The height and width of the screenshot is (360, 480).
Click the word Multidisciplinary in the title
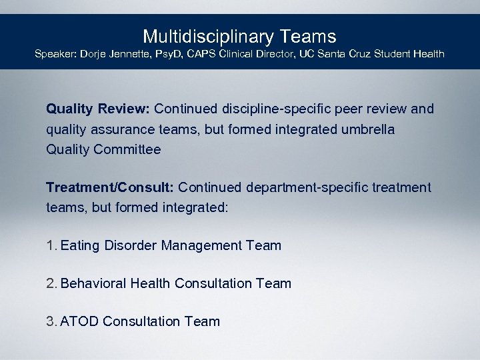tap(198, 36)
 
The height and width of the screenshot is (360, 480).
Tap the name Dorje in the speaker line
tap(95, 53)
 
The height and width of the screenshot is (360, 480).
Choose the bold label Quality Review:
tap(99, 109)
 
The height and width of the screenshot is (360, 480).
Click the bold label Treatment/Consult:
tap(110, 188)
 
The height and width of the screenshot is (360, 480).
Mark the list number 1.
tap(51, 245)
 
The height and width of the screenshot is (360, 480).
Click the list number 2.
tap(51, 283)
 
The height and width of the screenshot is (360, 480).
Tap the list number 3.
tap(51, 321)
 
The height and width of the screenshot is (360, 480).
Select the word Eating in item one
tap(79, 245)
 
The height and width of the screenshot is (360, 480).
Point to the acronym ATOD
tap(79, 321)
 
